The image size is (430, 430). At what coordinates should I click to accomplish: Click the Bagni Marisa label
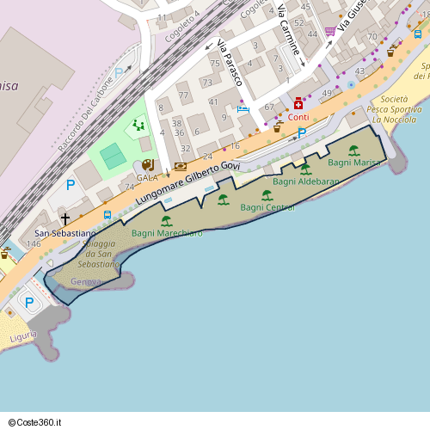[354, 163]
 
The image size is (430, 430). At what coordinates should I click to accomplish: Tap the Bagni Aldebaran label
[305, 181]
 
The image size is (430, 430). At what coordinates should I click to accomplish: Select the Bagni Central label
[267, 207]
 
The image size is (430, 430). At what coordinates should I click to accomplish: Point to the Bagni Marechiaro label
[167, 233]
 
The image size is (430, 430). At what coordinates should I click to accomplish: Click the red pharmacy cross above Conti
[298, 103]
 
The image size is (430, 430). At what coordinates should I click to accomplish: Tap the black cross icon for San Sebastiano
[65, 219]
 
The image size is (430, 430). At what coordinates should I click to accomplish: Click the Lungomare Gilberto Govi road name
[187, 181]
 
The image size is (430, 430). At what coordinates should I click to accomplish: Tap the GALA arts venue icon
[147, 164]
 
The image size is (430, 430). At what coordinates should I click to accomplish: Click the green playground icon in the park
[138, 126]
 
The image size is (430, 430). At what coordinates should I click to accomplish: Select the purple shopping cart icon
[330, 32]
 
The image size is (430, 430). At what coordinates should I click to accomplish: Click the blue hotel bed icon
[243, 109]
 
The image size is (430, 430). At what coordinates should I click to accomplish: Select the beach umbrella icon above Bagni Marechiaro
[167, 221]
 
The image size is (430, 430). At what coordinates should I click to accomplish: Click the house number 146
[33, 244]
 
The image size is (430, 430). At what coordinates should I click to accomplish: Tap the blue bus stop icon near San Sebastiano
[107, 215]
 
